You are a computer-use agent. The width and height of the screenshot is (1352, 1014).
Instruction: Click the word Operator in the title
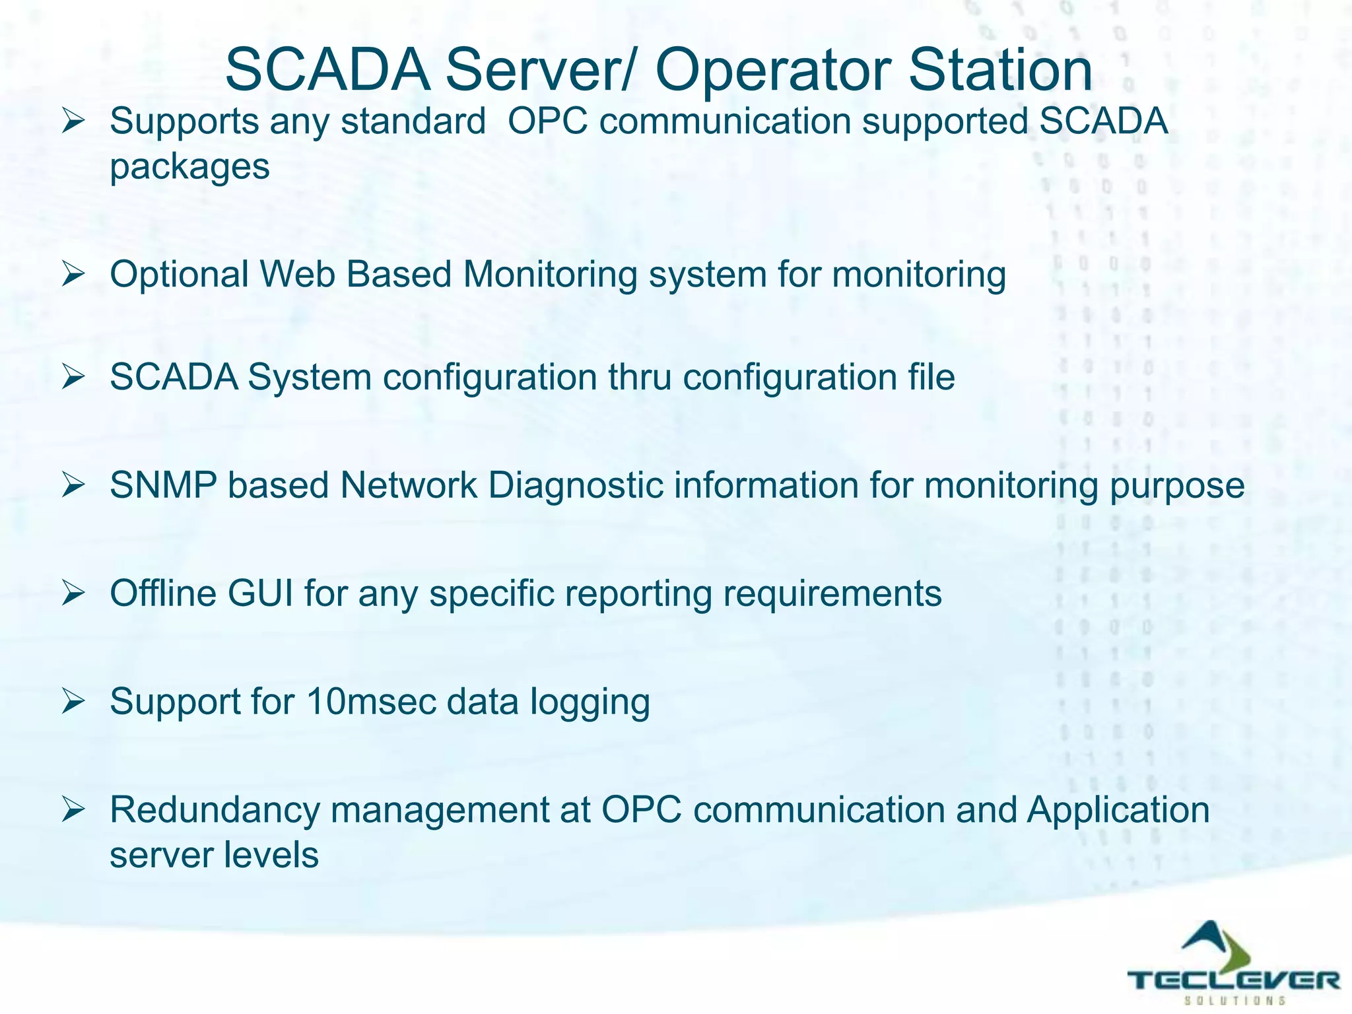[x=775, y=71]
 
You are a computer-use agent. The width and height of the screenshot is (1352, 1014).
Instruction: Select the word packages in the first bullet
[x=189, y=167]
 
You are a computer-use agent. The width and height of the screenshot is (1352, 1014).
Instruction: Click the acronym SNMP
[x=163, y=485]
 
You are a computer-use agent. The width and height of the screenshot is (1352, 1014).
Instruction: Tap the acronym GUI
[x=260, y=593]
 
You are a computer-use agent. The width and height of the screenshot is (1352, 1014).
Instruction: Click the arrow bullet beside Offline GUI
[x=73, y=593]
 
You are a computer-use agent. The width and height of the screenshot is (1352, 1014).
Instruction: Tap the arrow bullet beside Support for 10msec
[x=73, y=701]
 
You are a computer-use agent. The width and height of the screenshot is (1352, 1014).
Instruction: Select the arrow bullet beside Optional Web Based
[x=73, y=274]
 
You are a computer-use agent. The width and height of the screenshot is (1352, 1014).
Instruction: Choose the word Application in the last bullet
[x=1118, y=811]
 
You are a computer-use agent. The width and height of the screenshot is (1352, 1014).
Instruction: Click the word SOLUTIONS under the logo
[x=1234, y=1001]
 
